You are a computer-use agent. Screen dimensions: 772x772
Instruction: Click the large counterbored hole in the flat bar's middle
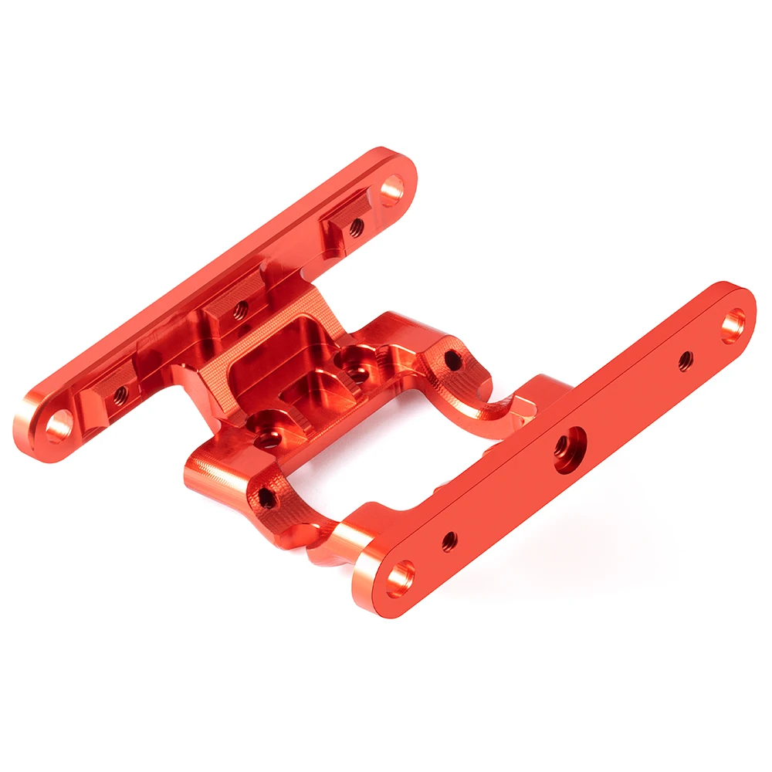(x=570, y=450)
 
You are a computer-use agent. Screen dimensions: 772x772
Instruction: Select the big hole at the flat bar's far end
(x=733, y=325)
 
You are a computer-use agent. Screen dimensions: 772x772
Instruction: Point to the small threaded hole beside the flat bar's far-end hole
(x=685, y=360)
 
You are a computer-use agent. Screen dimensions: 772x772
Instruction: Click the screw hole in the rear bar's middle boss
(x=240, y=310)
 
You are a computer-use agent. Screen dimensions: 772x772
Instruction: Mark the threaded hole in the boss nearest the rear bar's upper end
(x=356, y=226)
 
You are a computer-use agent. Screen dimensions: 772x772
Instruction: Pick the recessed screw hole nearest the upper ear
(x=356, y=373)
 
